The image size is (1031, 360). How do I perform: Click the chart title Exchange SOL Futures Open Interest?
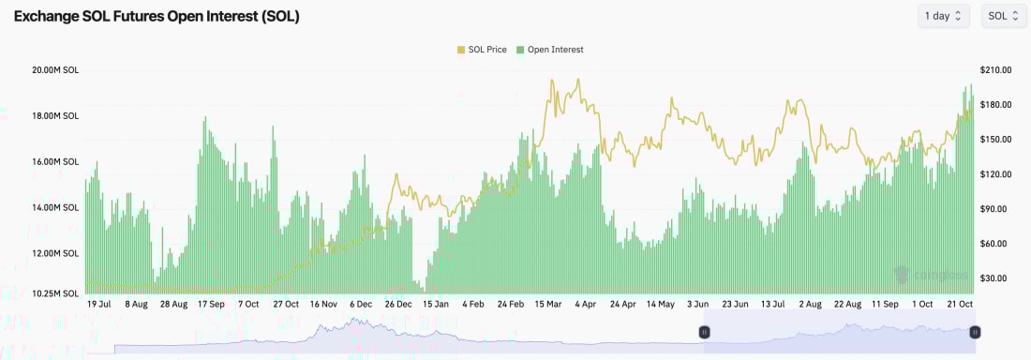click(157, 17)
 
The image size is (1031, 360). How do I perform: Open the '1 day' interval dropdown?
click(944, 16)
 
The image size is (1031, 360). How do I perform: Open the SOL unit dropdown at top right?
click(1004, 16)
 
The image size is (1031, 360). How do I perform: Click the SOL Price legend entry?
click(481, 50)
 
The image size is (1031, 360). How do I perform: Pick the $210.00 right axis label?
click(994, 70)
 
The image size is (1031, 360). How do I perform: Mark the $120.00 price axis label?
click(994, 174)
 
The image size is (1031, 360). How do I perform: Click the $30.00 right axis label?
click(994, 278)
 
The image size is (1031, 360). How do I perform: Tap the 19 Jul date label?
click(98, 305)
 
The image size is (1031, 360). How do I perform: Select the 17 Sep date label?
click(211, 305)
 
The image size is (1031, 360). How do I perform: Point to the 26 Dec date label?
click(398, 305)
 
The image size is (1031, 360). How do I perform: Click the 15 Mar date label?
click(548, 305)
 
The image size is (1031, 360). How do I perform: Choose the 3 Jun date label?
click(697, 305)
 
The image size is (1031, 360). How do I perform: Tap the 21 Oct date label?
click(961, 305)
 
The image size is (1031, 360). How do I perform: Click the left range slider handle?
click(704, 332)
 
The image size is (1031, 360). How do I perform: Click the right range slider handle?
click(975, 332)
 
